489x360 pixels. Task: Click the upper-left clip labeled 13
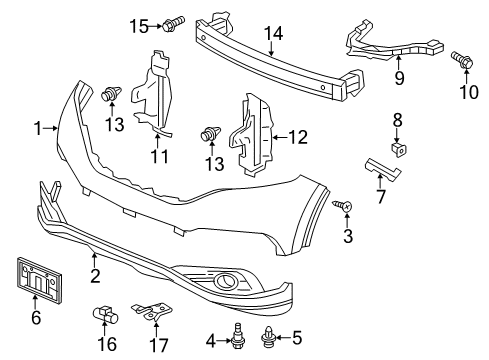pyautogui.click(x=110, y=96)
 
